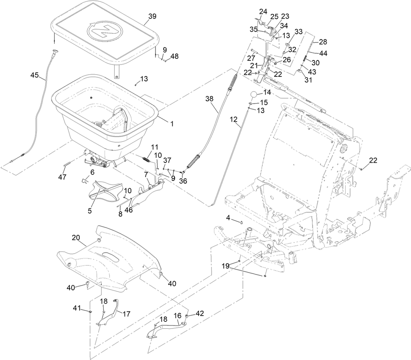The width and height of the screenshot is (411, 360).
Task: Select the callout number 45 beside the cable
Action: pos(35,75)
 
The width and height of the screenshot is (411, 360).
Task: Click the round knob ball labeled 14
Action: pos(256,93)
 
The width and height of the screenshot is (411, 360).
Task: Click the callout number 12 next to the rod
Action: pos(233,119)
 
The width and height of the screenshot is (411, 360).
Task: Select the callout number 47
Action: pos(62,177)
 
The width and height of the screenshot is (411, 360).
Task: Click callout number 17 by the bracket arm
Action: pos(126,314)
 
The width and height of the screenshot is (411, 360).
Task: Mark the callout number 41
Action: pos(77,307)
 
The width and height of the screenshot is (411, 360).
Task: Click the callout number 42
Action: pos(200,313)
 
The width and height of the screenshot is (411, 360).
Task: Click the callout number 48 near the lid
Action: pos(175,56)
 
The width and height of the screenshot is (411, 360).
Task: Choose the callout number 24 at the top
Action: pos(263,11)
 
